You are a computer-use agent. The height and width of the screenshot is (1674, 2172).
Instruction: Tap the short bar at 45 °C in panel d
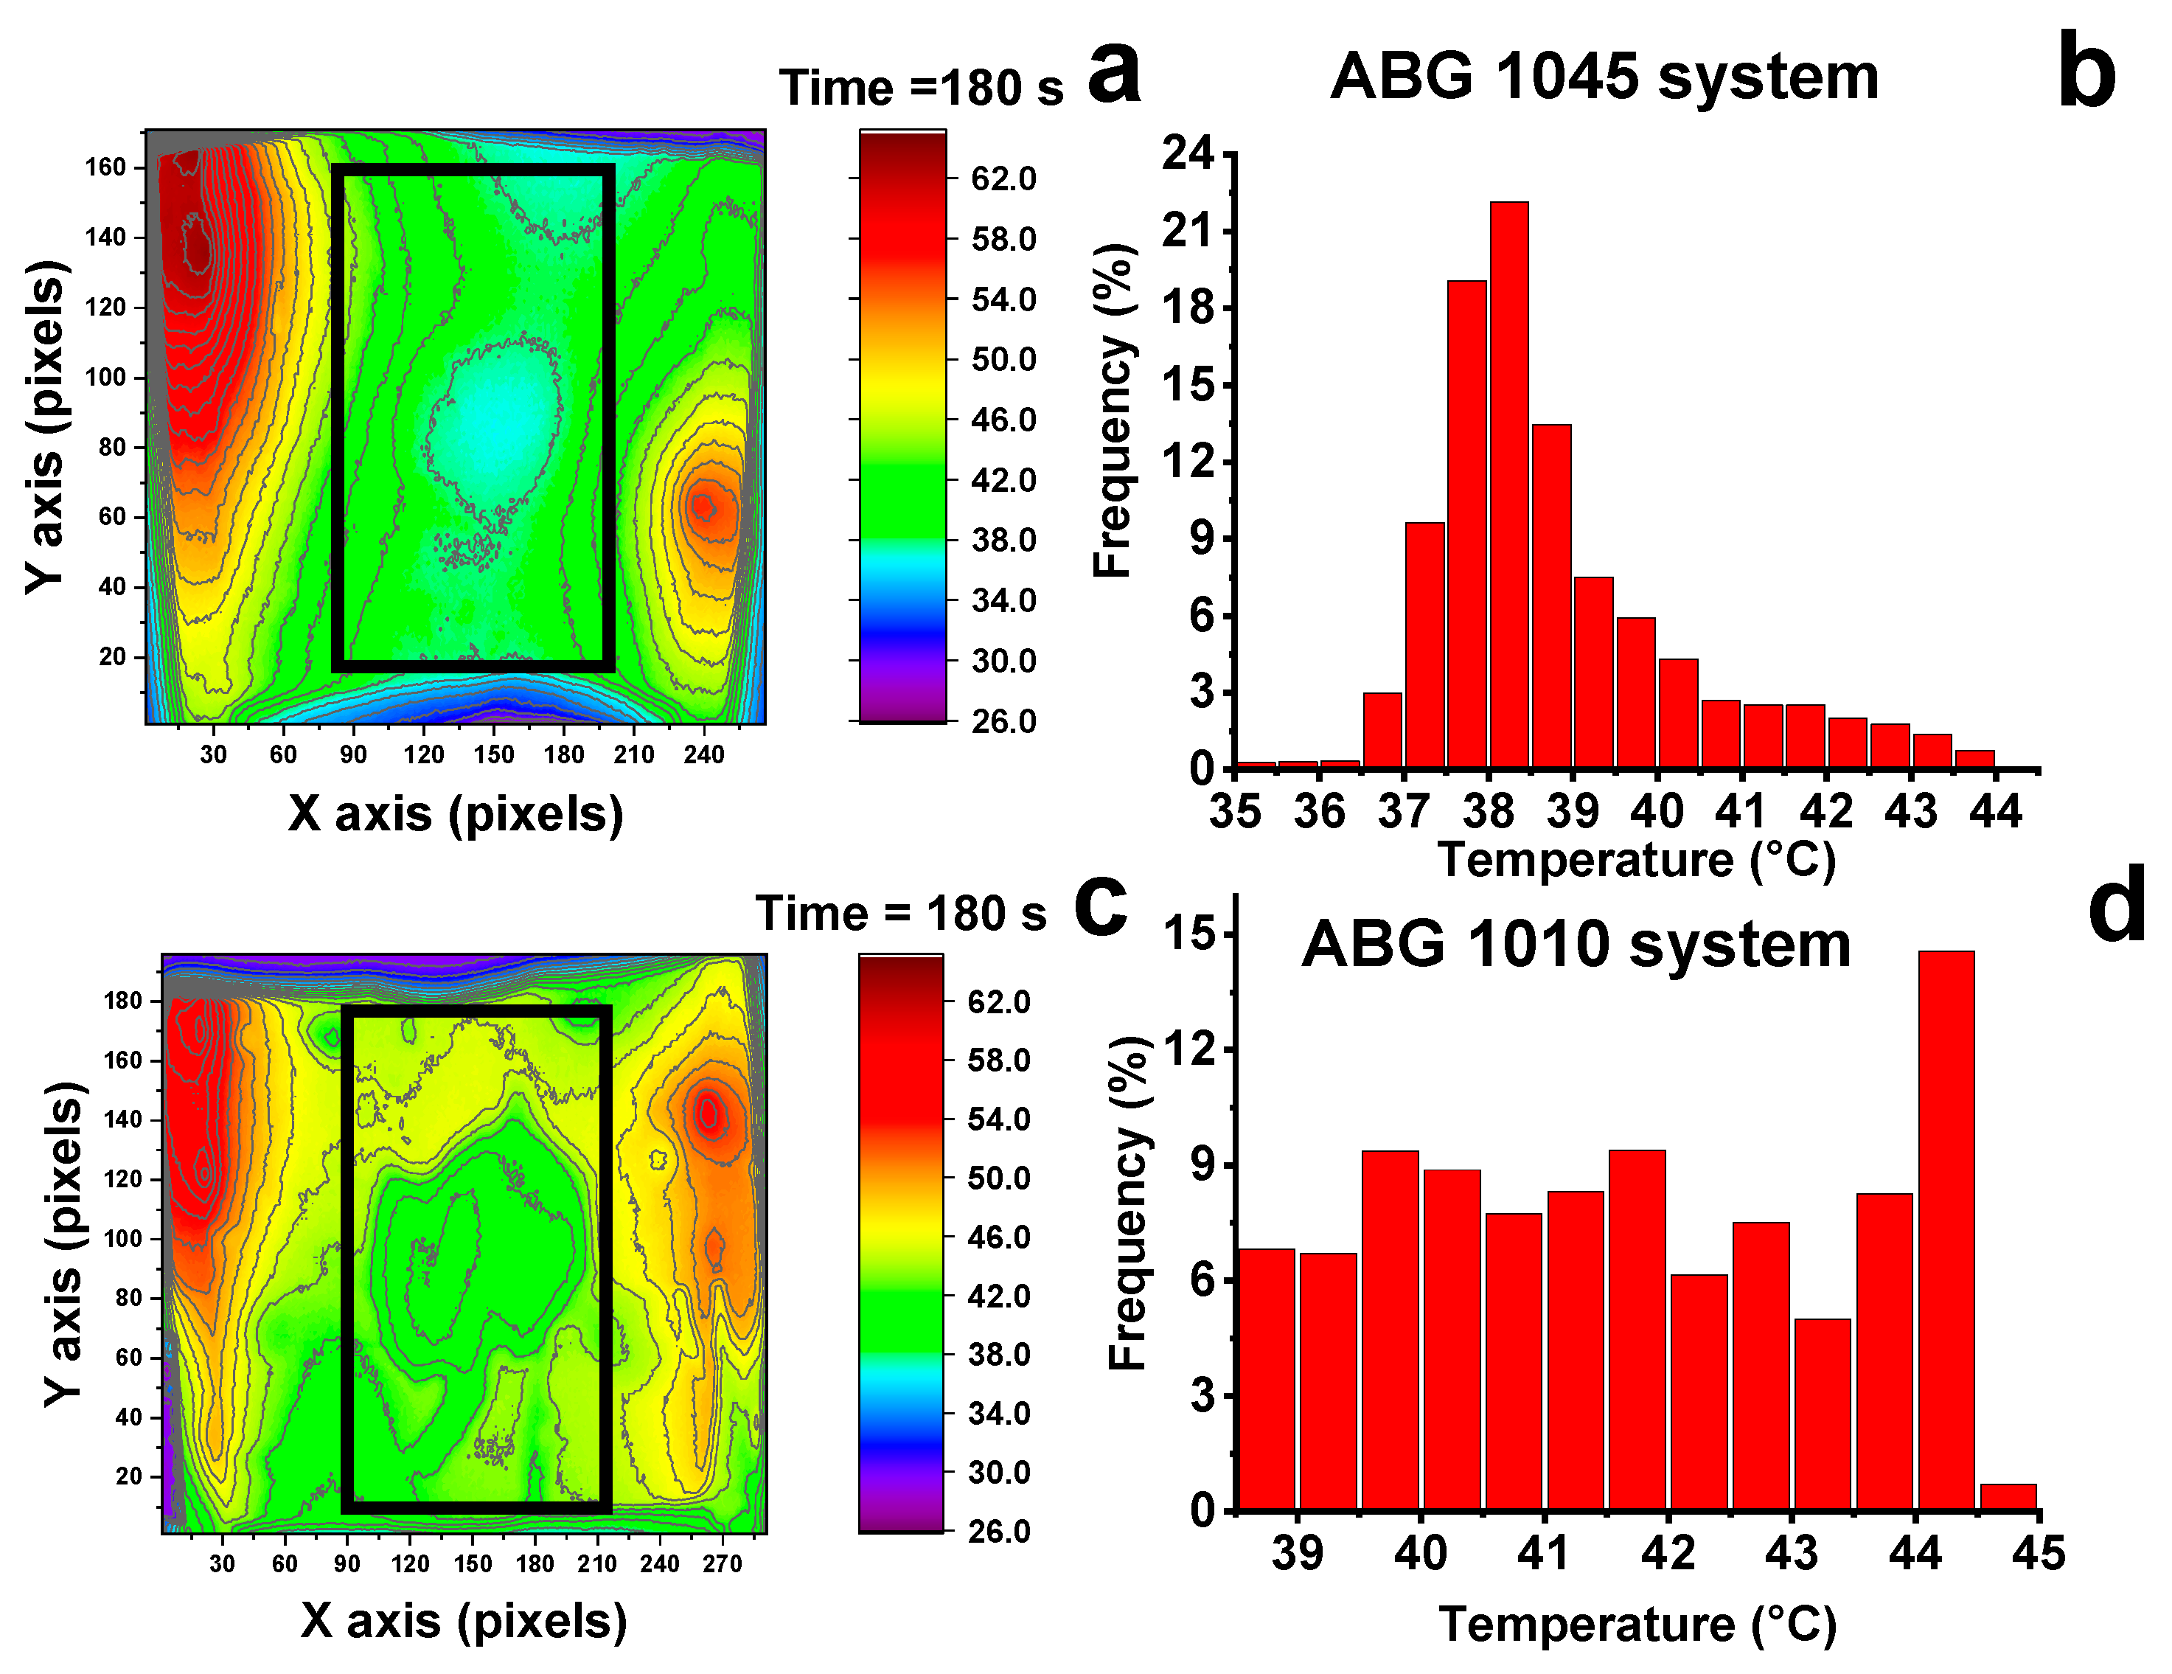click(2008, 1497)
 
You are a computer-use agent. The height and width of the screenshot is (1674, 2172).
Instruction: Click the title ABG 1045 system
click(1604, 77)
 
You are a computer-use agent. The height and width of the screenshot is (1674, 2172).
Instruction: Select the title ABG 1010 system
click(1576, 944)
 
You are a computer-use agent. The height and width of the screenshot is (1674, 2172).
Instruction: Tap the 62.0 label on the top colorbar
click(1003, 179)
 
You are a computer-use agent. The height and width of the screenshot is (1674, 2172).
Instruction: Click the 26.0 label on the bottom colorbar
click(1000, 1531)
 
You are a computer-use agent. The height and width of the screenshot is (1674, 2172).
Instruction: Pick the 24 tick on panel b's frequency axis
click(1188, 154)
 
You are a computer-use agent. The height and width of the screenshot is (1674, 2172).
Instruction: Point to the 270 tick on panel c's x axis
click(722, 1563)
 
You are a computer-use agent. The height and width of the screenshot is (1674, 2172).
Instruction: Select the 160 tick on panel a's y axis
click(105, 167)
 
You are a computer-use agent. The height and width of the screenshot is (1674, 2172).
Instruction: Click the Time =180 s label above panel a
click(921, 88)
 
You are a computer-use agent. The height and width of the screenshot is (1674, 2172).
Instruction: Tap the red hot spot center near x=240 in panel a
click(703, 507)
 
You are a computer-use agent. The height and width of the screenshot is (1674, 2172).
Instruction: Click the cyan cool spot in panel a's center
click(492, 423)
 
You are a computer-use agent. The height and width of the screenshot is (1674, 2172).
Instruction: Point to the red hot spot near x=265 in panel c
click(708, 1112)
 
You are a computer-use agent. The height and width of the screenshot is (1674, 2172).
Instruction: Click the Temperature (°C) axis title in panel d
click(1637, 1625)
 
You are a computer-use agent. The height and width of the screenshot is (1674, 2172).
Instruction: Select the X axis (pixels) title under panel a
click(456, 813)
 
